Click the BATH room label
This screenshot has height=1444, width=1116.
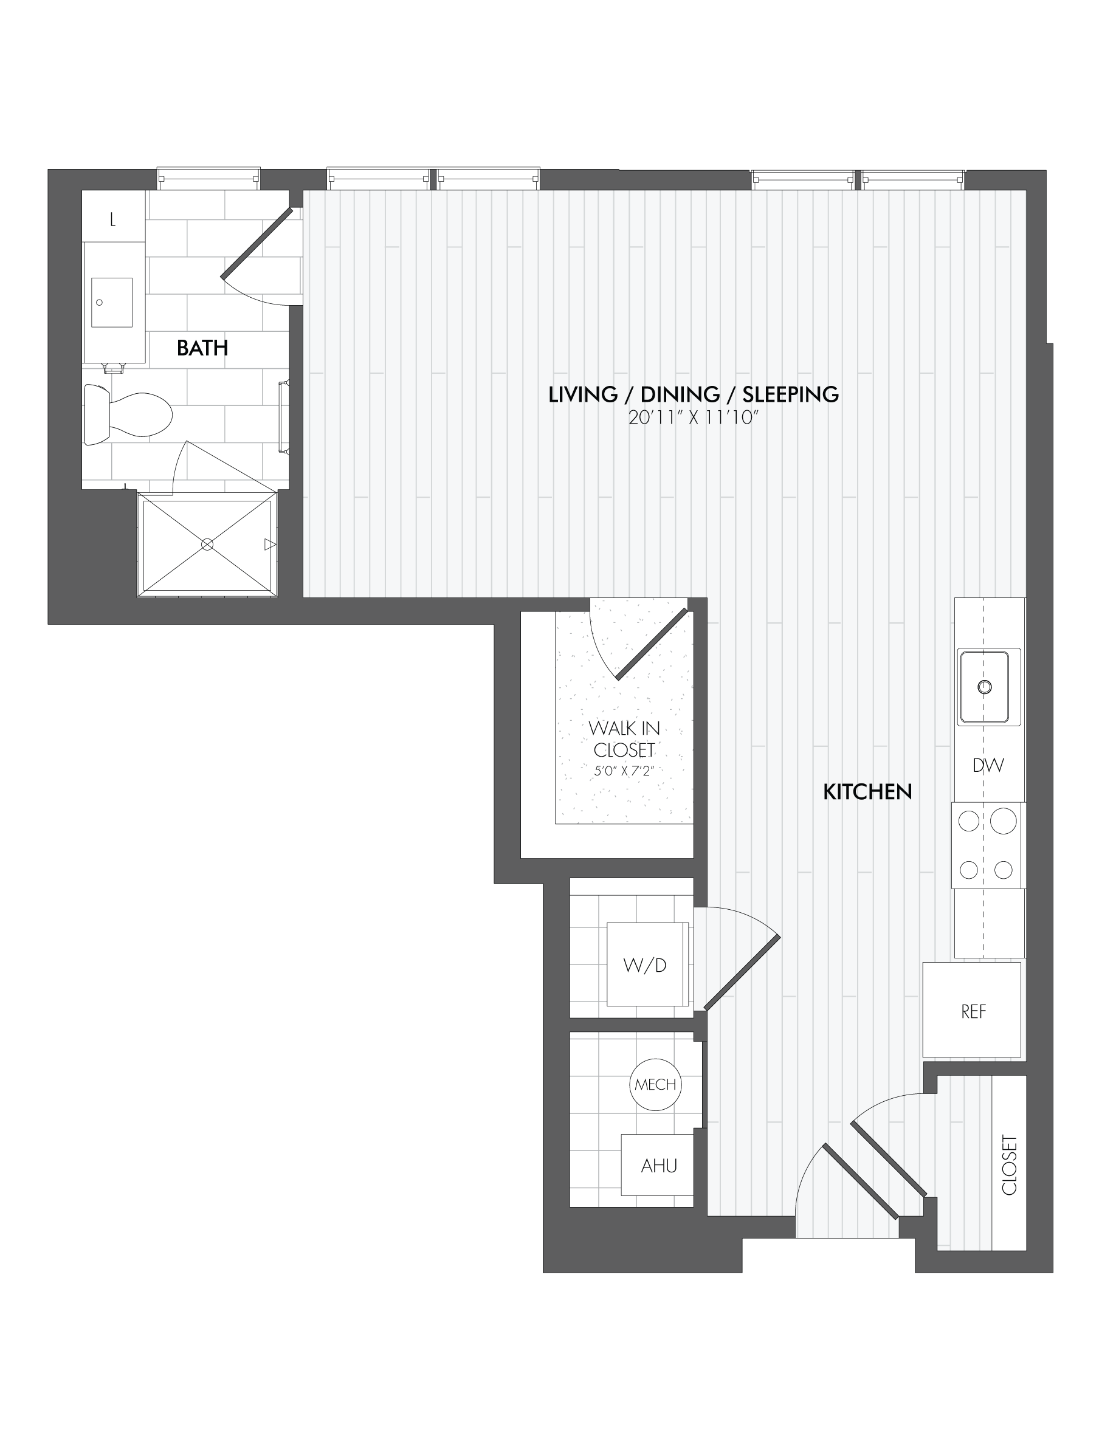click(x=202, y=348)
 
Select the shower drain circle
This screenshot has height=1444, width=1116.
click(x=207, y=544)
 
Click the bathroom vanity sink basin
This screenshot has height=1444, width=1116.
click(x=112, y=302)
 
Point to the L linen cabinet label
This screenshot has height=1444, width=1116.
click(x=113, y=220)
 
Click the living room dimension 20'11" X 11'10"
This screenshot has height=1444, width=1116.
click(x=693, y=418)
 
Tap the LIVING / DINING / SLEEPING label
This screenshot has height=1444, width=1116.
click(x=694, y=394)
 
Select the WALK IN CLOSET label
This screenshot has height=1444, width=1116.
click(x=624, y=739)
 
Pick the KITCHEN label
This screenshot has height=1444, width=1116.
click(x=867, y=791)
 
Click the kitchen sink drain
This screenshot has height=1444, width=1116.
click(x=985, y=687)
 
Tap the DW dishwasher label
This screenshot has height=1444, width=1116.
click(x=988, y=766)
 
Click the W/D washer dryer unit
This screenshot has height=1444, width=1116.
click(x=646, y=965)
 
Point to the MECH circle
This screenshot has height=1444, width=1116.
click(x=655, y=1084)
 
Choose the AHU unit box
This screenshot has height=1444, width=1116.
click(x=658, y=1166)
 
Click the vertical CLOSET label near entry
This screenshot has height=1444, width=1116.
click(x=1010, y=1165)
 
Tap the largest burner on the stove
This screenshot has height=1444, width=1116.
click(x=1004, y=822)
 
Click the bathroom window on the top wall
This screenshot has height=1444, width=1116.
click(x=208, y=179)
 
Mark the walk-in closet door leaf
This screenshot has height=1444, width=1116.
click(x=652, y=644)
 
